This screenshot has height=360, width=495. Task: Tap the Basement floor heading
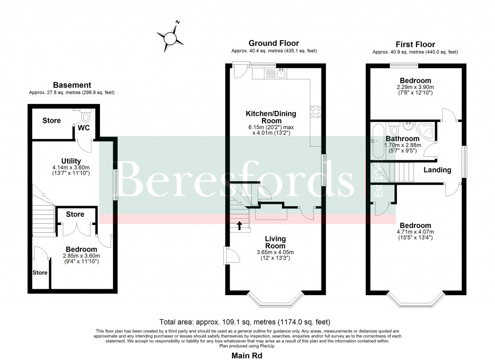(x=72, y=85)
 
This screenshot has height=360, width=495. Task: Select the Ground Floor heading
(x=274, y=44)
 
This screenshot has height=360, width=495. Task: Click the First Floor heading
(x=415, y=44)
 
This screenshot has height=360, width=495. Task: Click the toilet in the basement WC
(x=86, y=116)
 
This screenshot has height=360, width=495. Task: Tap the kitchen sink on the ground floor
(x=280, y=73)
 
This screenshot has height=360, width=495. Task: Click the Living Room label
(x=275, y=242)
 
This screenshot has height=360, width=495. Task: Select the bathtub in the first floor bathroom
(x=378, y=140)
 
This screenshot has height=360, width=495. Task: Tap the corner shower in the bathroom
(x=427, y=130)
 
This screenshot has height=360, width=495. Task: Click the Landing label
(x=437, y=170)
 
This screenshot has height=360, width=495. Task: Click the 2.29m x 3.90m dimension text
(x=415, y=88)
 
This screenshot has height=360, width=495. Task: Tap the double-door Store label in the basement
(x=75, y=214)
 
